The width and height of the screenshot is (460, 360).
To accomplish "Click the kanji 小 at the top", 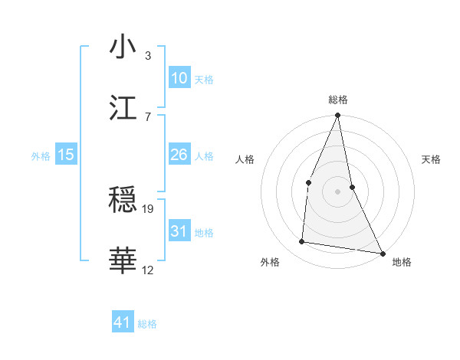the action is [123, 47].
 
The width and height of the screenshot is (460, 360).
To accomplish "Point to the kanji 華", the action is [123, 260].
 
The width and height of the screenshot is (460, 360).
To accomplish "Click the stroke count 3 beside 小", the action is [148, 55].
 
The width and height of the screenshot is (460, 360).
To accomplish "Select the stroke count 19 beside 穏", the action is [149, 208].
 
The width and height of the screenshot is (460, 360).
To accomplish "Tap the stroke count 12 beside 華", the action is [149, 270].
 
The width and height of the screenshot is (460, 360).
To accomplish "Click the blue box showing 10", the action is [179, 78].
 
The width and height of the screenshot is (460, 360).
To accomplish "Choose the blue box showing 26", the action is [179, 155].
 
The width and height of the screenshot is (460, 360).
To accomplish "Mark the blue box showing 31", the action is [179, 231].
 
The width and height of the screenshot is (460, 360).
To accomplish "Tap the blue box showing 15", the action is [66, 155].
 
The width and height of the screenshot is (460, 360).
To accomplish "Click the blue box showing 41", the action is [123, 322].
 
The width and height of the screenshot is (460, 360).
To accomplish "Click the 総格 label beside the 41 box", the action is [147, 324].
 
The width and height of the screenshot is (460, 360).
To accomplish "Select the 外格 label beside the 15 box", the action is [41, 156].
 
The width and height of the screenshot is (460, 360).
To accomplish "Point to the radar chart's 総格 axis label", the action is [338, 100].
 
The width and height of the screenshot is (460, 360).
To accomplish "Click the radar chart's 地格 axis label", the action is [402, 262].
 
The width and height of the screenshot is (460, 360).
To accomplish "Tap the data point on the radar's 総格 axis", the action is [337, 116].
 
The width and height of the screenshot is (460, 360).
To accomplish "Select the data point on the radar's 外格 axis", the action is [302, 242].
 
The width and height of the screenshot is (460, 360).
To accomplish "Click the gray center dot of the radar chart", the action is [337, 191].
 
